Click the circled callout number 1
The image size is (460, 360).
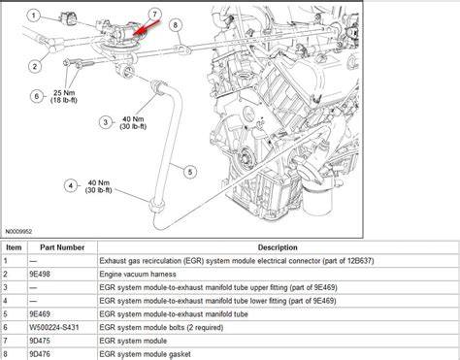(x=34, y=16)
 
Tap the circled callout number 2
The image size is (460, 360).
(x=35, y=67)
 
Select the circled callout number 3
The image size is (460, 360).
(x=106, y=122)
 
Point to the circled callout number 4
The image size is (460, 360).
(x=71, y=186)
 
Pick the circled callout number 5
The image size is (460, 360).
(x=190, y=172)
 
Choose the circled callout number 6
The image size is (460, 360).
(x=37, y=96)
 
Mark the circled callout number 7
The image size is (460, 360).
(x=154, y=15)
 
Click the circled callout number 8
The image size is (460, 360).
(x=176, y=24)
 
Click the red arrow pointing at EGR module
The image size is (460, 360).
(x=147, y=28)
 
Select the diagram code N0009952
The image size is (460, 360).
(x=18, y=232)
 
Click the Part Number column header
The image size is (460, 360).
(x=62, y=247)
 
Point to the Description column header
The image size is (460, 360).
(x=278, y=247)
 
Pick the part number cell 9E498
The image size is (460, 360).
(x=40, y=275)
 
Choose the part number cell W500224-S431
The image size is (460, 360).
(x=54, y=327)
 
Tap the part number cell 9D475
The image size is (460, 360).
(x=40, y=341)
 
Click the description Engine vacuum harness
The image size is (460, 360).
(x=138, y=275)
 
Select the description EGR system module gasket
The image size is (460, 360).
(x=145, y=354)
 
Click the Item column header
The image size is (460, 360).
(x=14, y=247)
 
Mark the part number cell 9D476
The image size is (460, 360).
(x=40, y=354)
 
